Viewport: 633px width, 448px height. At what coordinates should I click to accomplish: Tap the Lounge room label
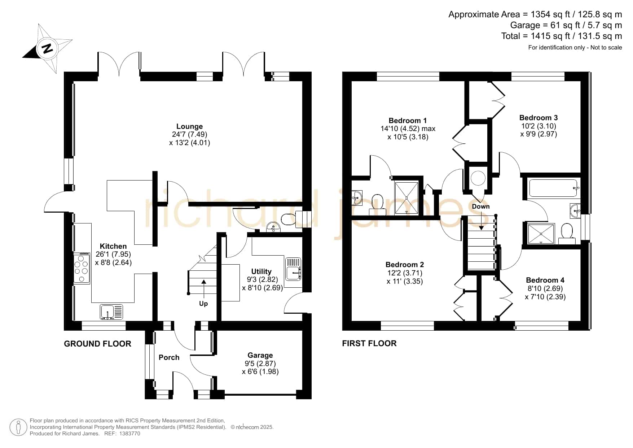(x=189, y=126)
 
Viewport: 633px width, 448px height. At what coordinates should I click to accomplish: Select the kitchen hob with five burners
(x=82, y=268)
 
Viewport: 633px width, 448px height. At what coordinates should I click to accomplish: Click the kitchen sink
(x=111, y=312)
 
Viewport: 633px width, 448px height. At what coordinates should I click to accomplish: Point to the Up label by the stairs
(x=203, y=304)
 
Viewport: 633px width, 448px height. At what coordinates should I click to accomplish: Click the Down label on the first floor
(x=481, y=206)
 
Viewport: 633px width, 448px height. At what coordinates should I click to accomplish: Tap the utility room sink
(x=293, y=269)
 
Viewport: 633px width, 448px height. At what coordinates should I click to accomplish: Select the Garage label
(x=260, y=356)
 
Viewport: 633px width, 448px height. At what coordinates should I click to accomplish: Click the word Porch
(x=169, y=357)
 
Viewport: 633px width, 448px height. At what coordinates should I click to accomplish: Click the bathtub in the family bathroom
(x=554, y=188)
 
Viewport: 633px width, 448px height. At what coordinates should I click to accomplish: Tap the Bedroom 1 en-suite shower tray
(x=407, y=198)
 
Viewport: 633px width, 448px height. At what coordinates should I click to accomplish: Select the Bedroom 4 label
(x=545, y=280)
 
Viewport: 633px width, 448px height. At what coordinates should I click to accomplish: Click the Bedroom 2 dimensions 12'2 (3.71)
(x=404, y=273)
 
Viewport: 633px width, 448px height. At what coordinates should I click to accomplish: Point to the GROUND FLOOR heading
(x=98, y=344)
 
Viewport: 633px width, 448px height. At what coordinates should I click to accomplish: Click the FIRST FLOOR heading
(x=369, y=343)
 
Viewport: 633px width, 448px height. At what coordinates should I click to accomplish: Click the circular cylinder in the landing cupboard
(x=478, y=177)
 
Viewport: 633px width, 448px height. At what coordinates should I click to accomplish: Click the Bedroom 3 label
(x=539, y=118)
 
